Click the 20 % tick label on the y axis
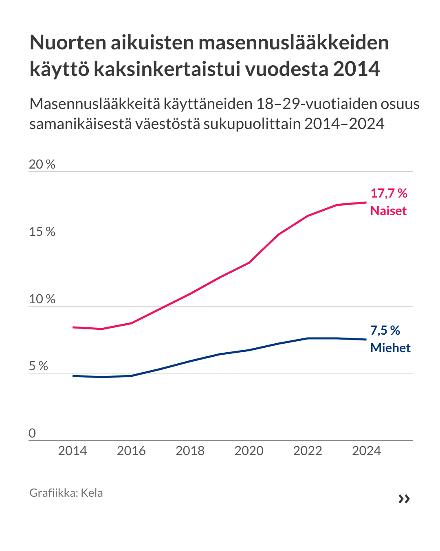42,164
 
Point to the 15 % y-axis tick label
42,232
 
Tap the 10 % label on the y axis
42,299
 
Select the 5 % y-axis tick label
38,366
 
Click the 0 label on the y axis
32,433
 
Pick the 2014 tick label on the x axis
73,451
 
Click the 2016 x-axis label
131,451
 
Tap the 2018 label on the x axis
190,451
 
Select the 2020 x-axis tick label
249,451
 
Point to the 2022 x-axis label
308,451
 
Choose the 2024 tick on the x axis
366,451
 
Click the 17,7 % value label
389,193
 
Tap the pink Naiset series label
388,211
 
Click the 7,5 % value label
385,330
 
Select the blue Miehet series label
390,348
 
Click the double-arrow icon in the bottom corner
404,499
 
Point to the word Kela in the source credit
92,493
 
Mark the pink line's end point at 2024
366,202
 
